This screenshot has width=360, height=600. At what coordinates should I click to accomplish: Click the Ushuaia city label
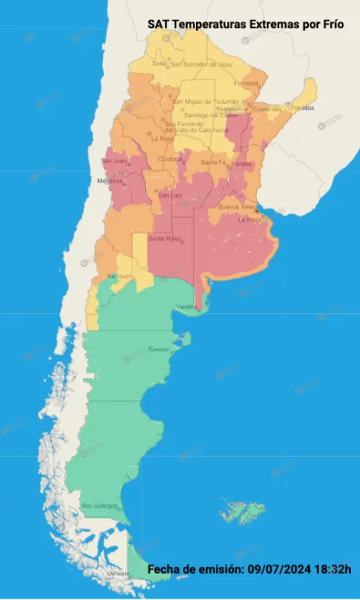tap(117, 573)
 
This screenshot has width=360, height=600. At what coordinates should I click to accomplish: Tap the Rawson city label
tap(160, 349)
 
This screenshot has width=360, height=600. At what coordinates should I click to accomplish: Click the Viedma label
tap(187, 307)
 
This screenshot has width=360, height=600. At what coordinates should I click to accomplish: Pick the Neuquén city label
tap(119, 276)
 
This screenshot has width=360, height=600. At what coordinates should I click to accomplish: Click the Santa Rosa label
tap(164, 238)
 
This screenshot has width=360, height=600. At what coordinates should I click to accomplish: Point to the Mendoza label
tap(110, 180)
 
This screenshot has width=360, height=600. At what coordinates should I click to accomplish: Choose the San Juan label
tap(114, 161)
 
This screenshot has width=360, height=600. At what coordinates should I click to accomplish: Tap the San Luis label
tap(170, 195)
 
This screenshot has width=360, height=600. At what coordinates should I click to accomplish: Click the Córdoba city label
tap(170, 158)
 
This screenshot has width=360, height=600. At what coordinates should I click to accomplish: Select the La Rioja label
tap(160, 138)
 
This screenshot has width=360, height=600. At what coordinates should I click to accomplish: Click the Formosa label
tap(246, 83)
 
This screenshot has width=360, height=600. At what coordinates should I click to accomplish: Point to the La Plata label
tap(249, 220)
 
